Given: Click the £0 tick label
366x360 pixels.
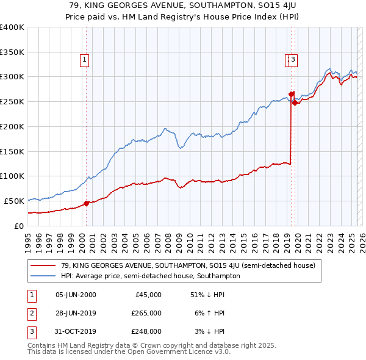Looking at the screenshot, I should point(19,226).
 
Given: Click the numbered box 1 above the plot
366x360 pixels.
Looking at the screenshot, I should point(84,60).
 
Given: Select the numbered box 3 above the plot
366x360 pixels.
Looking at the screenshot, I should point(293,60).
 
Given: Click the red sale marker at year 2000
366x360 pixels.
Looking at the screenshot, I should point(86,203).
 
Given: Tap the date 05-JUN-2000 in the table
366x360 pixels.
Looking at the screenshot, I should point(76,295).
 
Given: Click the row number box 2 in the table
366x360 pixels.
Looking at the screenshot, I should point(30,313).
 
